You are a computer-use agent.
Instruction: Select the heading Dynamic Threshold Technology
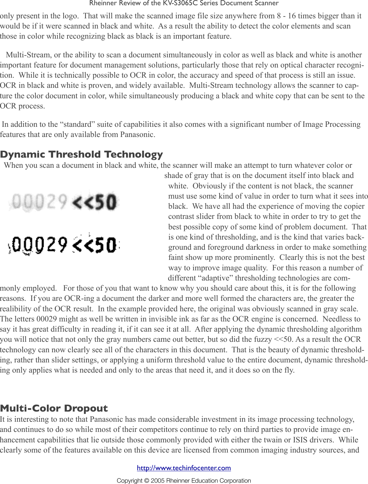[x=81, y=154]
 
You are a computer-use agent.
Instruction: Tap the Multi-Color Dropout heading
[x=54, y=408]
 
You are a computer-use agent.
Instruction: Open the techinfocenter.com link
[x=184, y=468]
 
